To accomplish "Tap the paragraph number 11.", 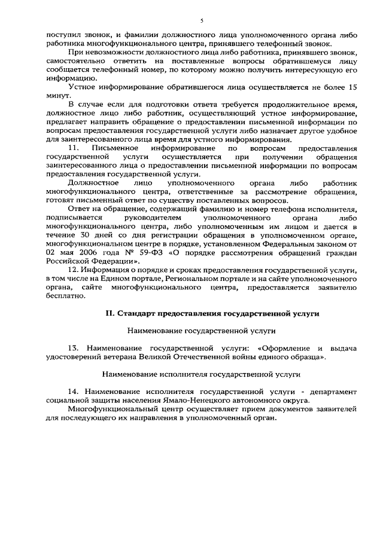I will [73, 147].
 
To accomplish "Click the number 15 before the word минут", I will [353, 87].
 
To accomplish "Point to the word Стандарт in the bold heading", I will [137, 313].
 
